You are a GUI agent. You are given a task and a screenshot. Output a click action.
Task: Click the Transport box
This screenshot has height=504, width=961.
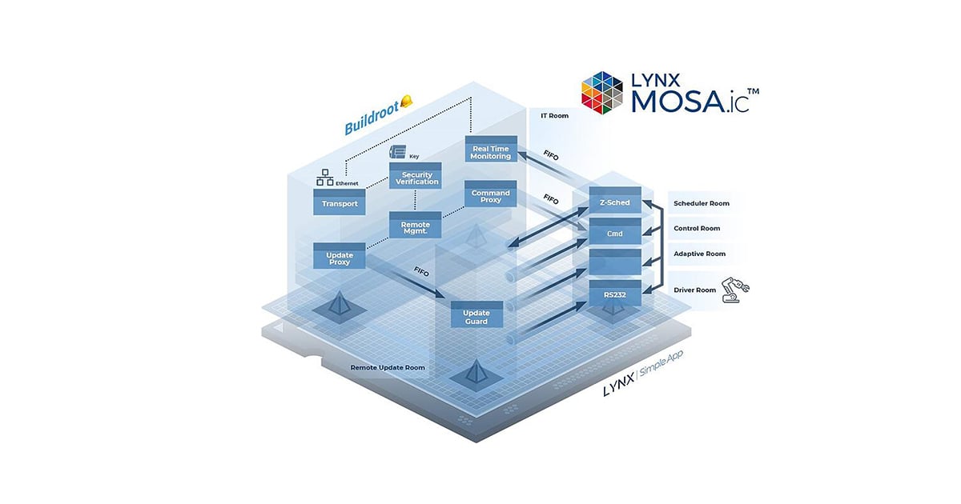tap(340, 203)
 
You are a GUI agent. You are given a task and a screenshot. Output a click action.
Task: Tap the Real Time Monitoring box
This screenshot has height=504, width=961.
tap(491, 151)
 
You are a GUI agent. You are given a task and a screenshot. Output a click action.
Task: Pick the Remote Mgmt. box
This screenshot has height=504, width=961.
tap(415, 226)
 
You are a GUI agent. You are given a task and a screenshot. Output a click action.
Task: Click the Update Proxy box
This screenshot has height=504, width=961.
tap(340, 257)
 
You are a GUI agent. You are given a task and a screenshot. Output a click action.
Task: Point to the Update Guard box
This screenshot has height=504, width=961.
tap(476, 316)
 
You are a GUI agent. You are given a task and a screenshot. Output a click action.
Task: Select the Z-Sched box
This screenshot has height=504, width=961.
tap(615, 202)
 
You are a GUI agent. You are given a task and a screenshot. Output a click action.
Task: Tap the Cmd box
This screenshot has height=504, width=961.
tap(615, 233)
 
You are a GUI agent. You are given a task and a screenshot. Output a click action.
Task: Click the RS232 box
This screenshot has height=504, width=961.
tap(615, 294)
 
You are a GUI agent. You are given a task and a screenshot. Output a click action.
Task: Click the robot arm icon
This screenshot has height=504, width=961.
tap(734, 290)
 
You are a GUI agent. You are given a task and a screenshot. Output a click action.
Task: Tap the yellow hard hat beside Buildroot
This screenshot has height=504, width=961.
tap(406, 102)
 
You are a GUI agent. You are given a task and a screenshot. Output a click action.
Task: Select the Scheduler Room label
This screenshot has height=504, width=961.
tap(702, 203)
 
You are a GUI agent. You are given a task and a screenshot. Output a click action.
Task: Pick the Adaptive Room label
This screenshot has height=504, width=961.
tap(699, 254)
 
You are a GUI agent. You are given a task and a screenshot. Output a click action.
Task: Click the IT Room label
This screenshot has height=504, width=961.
tap(554, 116)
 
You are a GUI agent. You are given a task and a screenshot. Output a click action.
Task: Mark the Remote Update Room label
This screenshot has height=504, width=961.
tap(388, 368)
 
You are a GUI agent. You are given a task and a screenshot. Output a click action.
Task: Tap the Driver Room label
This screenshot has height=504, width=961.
tap(695, 290)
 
